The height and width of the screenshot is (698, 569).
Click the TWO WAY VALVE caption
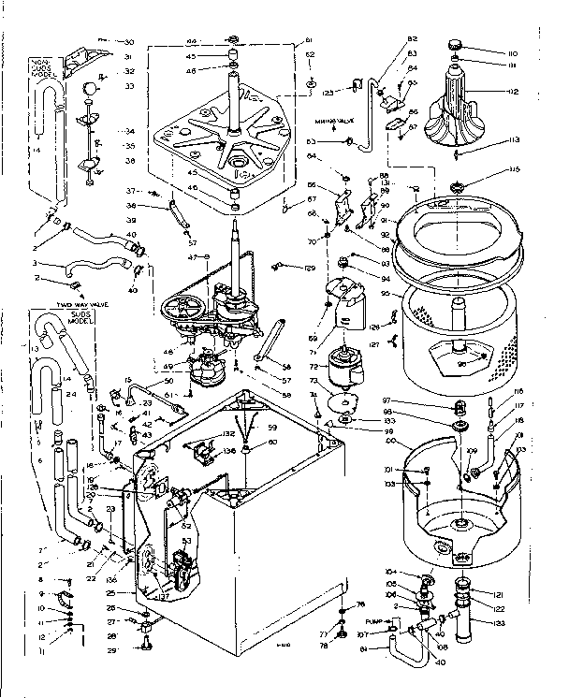click(57, 305)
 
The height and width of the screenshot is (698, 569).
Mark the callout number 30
click(129, 42)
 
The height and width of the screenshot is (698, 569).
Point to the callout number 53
click(186, 540)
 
